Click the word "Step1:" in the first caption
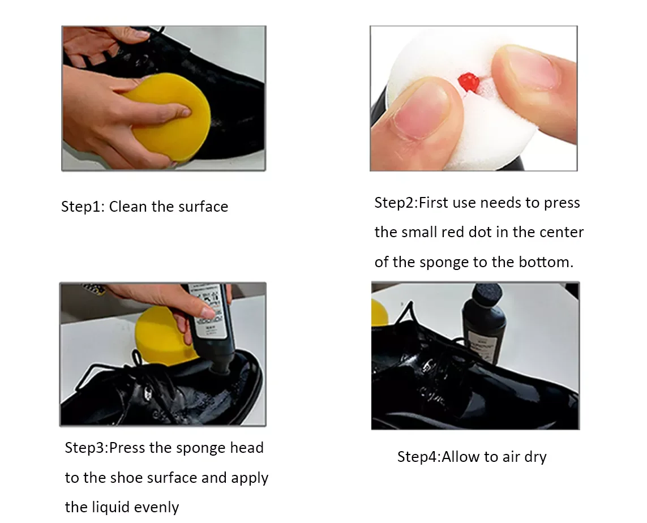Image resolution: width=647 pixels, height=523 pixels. tap(82, 207)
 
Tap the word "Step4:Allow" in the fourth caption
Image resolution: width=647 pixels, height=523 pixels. tap(438, 457)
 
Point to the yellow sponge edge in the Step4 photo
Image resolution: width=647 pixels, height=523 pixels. tap(379, 312)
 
